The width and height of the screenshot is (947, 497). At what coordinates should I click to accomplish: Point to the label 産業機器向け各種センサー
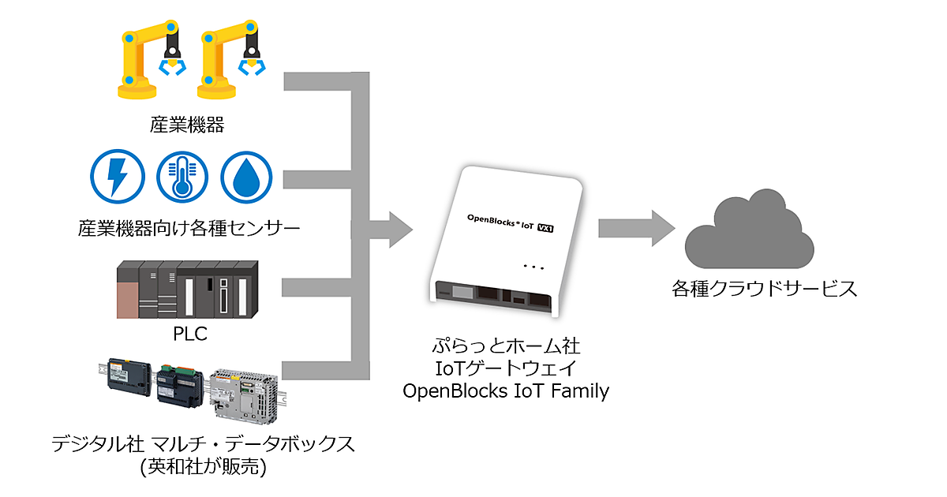[189, 229]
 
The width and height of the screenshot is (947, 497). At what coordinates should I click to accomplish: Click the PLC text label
[189, 334]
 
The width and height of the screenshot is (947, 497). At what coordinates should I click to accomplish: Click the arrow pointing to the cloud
[636, 229]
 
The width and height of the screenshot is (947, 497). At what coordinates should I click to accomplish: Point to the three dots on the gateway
[533, 267]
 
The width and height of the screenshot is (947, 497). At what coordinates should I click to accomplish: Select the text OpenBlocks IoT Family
[506, 390]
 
